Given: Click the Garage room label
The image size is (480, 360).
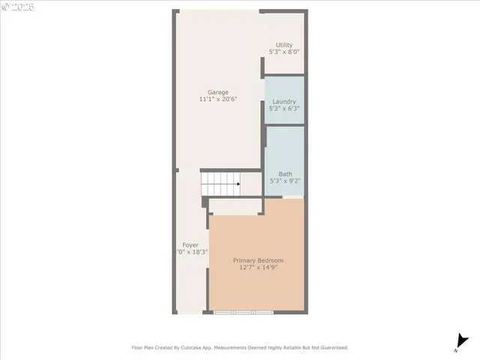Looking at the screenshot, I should tap(218, 92).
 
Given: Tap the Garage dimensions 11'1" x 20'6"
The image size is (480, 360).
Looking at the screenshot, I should tap(218, 100).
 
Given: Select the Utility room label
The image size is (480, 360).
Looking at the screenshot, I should tap(284, 45).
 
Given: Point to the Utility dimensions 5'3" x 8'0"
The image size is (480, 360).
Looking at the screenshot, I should tap(284, 52).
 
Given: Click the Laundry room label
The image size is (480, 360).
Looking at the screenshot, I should tap(284, 101).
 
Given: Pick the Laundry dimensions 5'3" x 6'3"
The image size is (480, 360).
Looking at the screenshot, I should tap(284, 109).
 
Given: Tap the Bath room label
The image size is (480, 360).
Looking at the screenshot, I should tap(285, 173).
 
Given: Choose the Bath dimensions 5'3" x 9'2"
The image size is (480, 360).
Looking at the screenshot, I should tap(285, 181).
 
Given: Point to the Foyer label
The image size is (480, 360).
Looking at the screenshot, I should tap(190, 245).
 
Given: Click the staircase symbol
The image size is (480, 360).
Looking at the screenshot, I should tap(219, 183).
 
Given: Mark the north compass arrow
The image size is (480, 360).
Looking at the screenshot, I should tap(459, 342).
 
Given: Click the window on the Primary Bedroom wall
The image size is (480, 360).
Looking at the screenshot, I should tap(242, 311).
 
